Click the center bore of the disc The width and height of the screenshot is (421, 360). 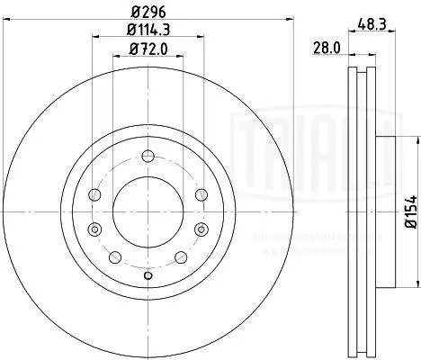pyautogui.click(x=148, y=211)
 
